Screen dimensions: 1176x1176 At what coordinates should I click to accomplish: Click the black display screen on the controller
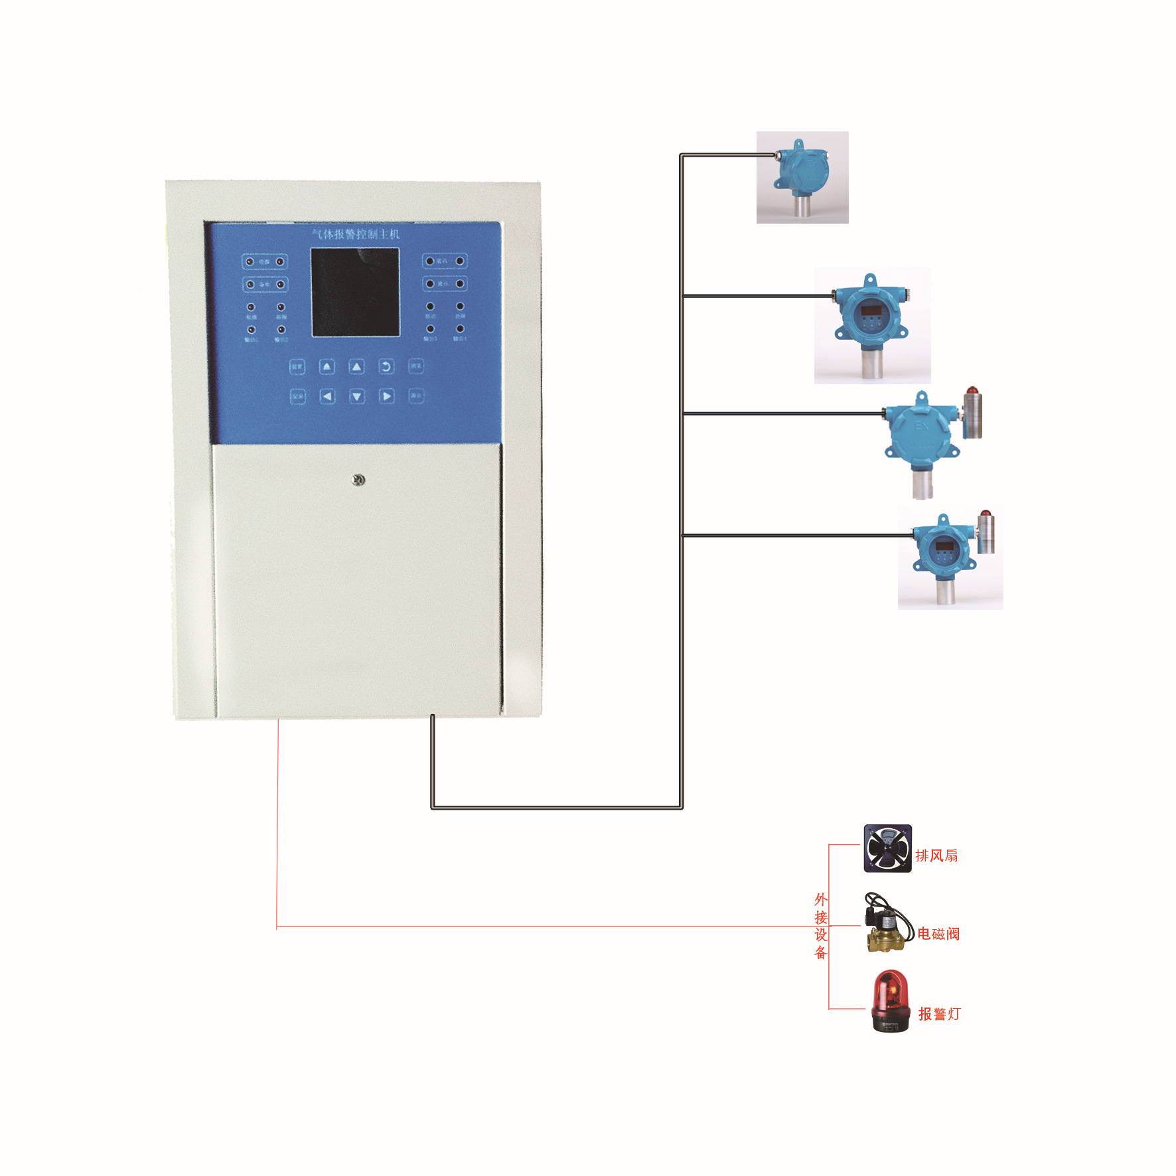(x=355, y=292)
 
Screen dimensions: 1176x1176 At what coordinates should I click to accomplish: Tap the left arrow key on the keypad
(x=327, y=396)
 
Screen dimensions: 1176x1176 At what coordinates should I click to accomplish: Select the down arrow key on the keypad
(x=357, y=396)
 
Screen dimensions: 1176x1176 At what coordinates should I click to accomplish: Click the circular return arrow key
(x=386, y=366)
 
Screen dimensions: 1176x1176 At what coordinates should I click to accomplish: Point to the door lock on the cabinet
(x=358, y=479)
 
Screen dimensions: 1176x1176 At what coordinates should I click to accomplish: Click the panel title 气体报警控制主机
(x=356, y=234)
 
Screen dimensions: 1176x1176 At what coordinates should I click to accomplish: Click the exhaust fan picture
(x=887, y=848)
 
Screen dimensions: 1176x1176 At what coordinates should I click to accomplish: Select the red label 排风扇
(x=936, y=855)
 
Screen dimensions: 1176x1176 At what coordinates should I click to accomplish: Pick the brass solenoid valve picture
(x=886, y=926)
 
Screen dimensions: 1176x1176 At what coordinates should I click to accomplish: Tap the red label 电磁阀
(x=938, y=934)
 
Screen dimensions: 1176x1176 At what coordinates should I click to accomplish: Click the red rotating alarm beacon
(x=889, y=1001)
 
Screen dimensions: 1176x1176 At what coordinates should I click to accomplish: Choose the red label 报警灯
(x=939, y=1014)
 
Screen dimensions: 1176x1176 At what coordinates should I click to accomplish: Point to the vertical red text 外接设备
(x=821, y=926)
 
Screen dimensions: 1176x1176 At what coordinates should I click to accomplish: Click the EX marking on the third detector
(x=922, y=425)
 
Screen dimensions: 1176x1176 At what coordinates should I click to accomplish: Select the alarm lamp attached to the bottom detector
(x=986, y=531)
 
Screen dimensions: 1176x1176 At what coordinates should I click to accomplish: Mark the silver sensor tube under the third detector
(x=922, y=484)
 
